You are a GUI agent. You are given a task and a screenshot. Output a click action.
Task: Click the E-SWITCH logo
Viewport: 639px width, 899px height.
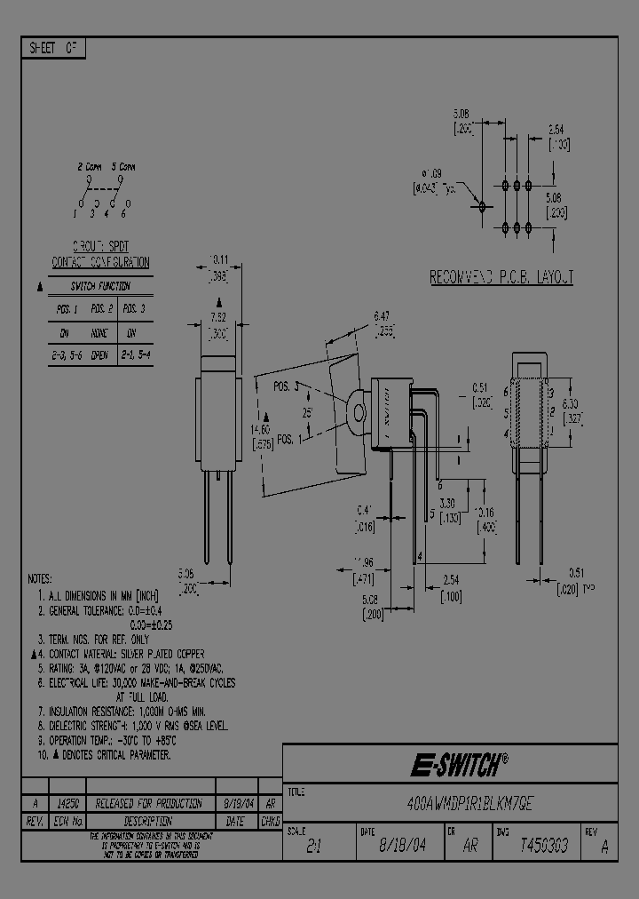click(458, 763)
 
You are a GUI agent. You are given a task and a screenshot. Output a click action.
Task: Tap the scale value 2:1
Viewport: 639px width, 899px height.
click(314, 847)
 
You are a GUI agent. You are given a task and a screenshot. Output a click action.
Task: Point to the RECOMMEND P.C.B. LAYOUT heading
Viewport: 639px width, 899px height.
click(501, 278)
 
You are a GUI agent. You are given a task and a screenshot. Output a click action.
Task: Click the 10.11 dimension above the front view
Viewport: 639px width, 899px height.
click(218, 260)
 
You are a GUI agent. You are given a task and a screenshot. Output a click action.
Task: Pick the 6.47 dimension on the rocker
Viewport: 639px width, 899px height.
click(383, 315)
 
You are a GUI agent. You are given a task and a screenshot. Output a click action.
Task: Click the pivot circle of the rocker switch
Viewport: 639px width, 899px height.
click(359, 412)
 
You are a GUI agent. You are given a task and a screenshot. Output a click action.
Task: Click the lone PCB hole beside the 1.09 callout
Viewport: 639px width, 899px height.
click(482, 205)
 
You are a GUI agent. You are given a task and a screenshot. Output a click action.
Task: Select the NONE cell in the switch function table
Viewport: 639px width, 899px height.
click(99, 333)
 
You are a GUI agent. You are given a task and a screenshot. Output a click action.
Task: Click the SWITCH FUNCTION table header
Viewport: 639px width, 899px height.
click(100, 286)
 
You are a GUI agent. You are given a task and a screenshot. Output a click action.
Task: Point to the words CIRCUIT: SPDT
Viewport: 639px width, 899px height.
click(99, 246)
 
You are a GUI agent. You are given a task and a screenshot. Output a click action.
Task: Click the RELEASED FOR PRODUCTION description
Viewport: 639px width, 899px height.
click(141, 801)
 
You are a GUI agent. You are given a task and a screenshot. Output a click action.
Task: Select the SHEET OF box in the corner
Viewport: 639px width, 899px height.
click(53, 49)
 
